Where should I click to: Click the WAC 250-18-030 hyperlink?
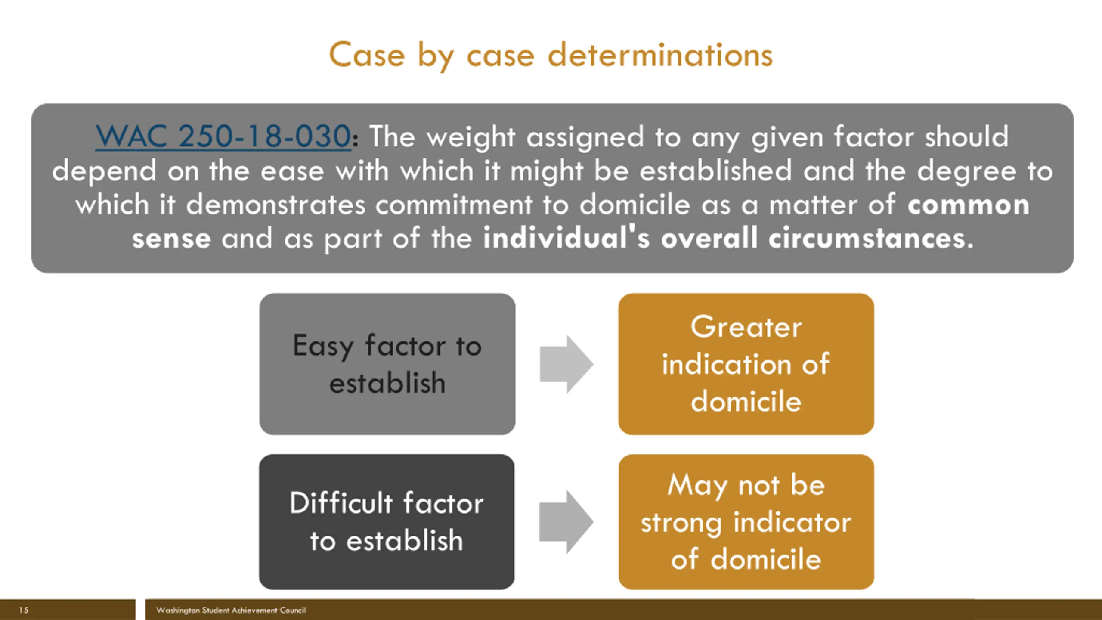click(x=223, y=136)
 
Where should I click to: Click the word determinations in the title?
click(x=660, y=56)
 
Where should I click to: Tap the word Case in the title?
click(x=367, y=56)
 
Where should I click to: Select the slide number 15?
click(x=24, y=610)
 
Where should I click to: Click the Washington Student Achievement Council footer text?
click(x=231, y=610)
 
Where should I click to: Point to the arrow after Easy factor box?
click(x=566, y=364)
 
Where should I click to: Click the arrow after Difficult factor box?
click(x=566, y=522)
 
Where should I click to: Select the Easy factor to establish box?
click(x=387, y=364)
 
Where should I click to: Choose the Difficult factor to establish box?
click(x=387, y=522)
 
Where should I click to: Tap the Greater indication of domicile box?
click(x=746, y=364)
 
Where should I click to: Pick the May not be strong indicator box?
click(x=746, y=522)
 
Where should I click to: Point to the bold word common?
click(x=968, y=205)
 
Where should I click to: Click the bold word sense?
click(x=171, y=239)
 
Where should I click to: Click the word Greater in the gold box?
click(x=746, y=327)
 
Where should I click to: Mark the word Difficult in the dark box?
click(x=341, y=503)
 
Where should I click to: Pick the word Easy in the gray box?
click(x=323, y=346)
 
